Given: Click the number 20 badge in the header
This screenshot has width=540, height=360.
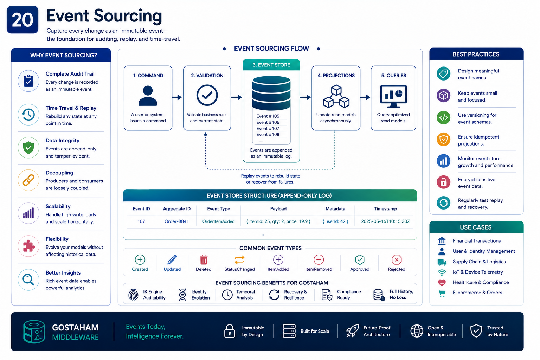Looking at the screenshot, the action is pyautogui.click(x=22, y=20).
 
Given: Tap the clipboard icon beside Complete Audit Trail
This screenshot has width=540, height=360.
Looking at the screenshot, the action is pyautogui.click(x=28, y=81).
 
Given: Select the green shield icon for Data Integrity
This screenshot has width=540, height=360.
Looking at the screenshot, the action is pyautogui.click(x=28, y=147).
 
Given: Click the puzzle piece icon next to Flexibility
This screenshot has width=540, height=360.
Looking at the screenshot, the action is pyautogui.click(x=29, y=246).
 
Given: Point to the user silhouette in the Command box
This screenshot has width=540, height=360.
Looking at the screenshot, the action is pyautogui.click(x=148, y=96).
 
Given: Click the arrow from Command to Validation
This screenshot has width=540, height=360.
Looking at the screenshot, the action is pyautogui.click(x=177, y=97).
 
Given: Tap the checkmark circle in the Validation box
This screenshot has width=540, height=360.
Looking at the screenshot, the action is pyautogui.click(x=207, y=95).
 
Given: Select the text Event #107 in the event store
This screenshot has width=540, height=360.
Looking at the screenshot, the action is pyautogui.click(x=268, y=129).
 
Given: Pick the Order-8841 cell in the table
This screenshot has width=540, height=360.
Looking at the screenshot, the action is pyautogui.click(x=177, y=221).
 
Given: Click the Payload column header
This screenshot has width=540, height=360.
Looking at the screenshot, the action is pyautogui.click(x=278, y=209).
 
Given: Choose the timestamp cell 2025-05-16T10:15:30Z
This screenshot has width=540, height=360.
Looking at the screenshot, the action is pyautogui.click(x=385, y=221).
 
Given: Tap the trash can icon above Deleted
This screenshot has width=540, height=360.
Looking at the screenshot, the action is pyautogui.click(x=204, y=260).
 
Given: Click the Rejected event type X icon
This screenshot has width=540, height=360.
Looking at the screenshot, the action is pyautogui.click(x=397, y=260).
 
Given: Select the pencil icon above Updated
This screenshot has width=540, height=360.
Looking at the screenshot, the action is pyautogui.click(x=172, y=259).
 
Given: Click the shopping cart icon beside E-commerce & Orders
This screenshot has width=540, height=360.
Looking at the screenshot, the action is pyautogui.click(x=442, y=293).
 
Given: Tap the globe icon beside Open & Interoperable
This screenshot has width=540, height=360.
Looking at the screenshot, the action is pyautogui.click(x=417, y=331).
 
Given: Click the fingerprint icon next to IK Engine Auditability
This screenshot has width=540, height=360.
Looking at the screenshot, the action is pyautogui.click(x=133, y=294).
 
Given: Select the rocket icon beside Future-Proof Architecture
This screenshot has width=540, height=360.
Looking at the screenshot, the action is pyautogui.click(x=353, y=330).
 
